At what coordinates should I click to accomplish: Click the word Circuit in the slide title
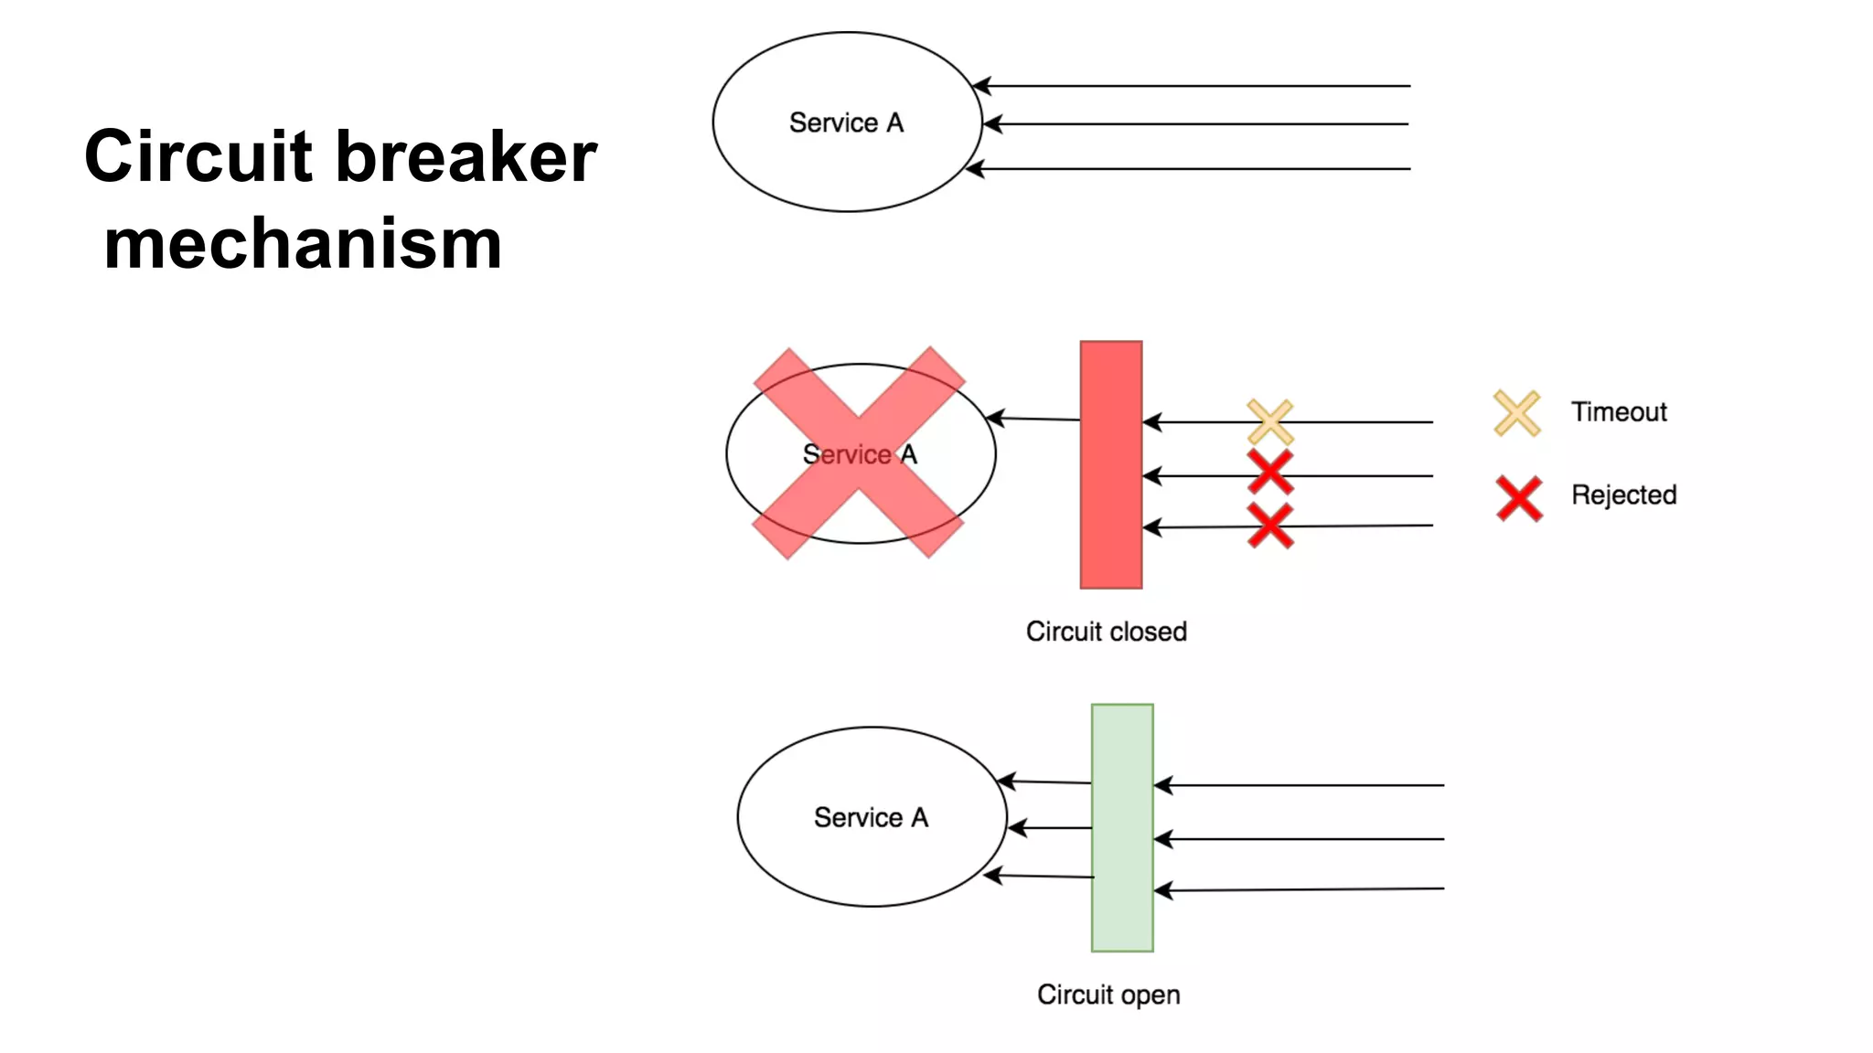[x=198, y=156]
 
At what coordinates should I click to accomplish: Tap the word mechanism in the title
[x=303, y=245]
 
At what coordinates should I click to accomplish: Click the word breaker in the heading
[x=466, y=156]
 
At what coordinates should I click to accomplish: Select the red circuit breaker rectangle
[x=1110, y=464]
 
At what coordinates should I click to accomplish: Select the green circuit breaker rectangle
[x=1122, y=827]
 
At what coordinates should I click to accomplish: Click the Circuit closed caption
[x=1106, y=632]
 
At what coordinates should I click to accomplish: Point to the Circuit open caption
[x=1108, y=994]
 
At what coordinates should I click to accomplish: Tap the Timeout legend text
[x=1619, y=412]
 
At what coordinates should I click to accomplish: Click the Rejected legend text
[x=1623, y=495]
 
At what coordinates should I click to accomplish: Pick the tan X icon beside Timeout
[x=1516, y=413]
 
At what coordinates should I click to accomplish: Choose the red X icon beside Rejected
[x=1519, y=498]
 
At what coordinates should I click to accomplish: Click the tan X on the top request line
[x=1270, y=421]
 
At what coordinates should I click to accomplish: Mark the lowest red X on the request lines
[x=1270, y=526]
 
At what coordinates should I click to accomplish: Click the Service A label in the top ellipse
[x=846, y=122]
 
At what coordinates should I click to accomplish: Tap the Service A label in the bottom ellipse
[x=871, y=817]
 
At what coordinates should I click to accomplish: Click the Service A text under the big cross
[x=860, y=454]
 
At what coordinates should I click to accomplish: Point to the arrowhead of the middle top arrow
[x=991, y=123]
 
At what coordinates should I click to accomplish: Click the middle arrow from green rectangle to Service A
[x=1050, y=828]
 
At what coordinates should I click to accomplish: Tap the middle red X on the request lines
[x=1270, y=473]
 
